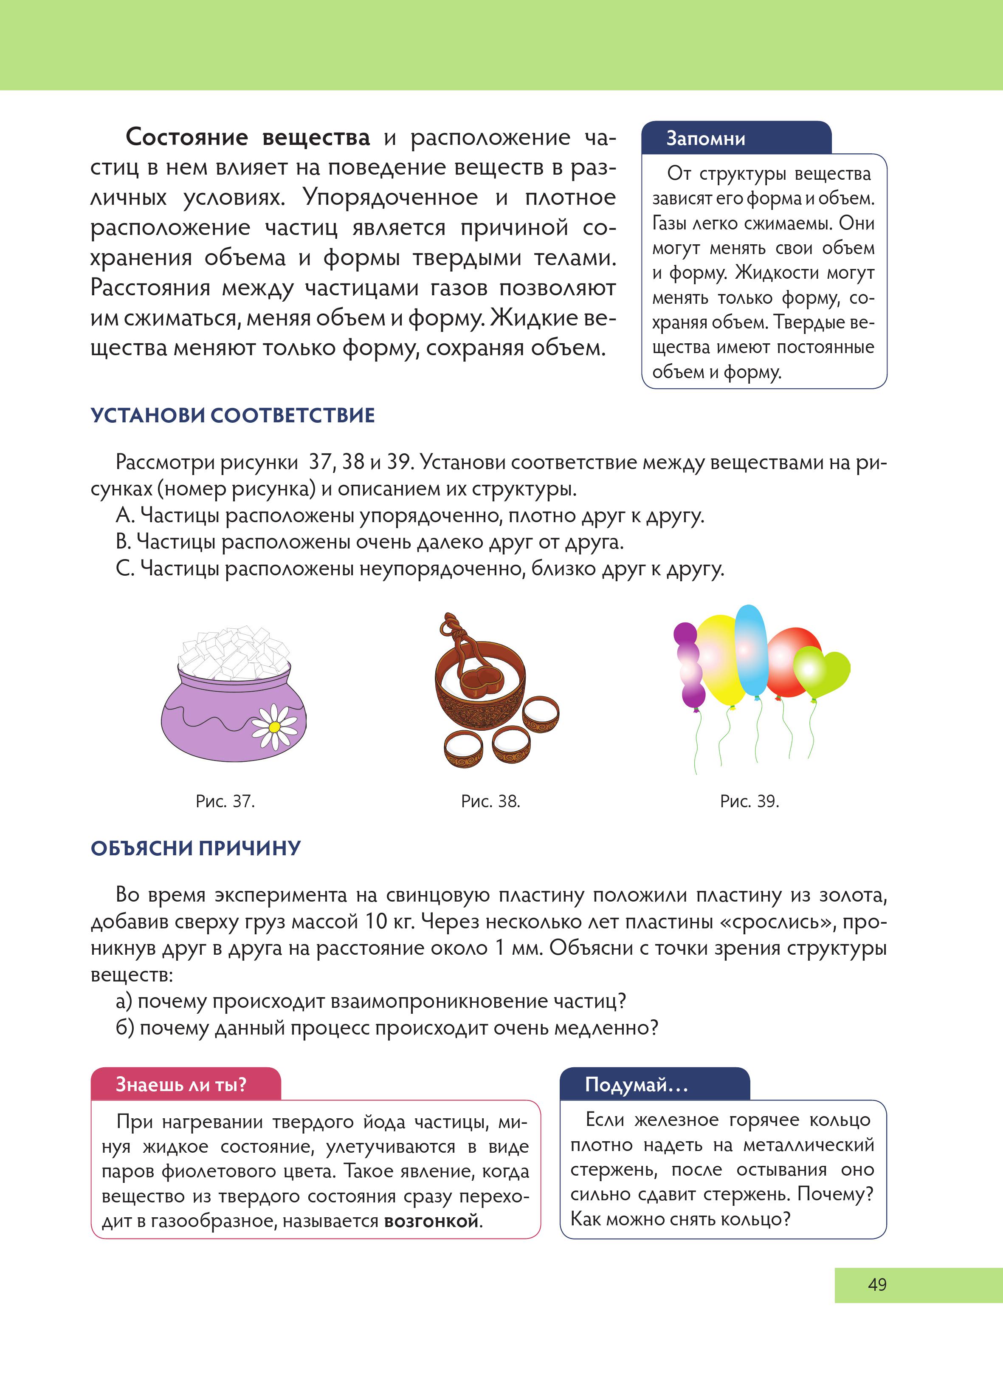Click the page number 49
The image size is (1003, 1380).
876,1284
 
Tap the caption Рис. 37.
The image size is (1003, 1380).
225,801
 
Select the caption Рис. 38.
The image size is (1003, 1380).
490,801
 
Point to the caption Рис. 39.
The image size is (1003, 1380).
749,801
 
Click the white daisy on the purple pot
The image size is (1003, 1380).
274,727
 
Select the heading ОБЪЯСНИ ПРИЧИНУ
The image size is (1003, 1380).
195,848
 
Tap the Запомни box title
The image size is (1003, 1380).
706,139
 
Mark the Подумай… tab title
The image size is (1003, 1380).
636,1084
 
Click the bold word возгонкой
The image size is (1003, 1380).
431,1221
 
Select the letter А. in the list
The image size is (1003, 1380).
125,516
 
